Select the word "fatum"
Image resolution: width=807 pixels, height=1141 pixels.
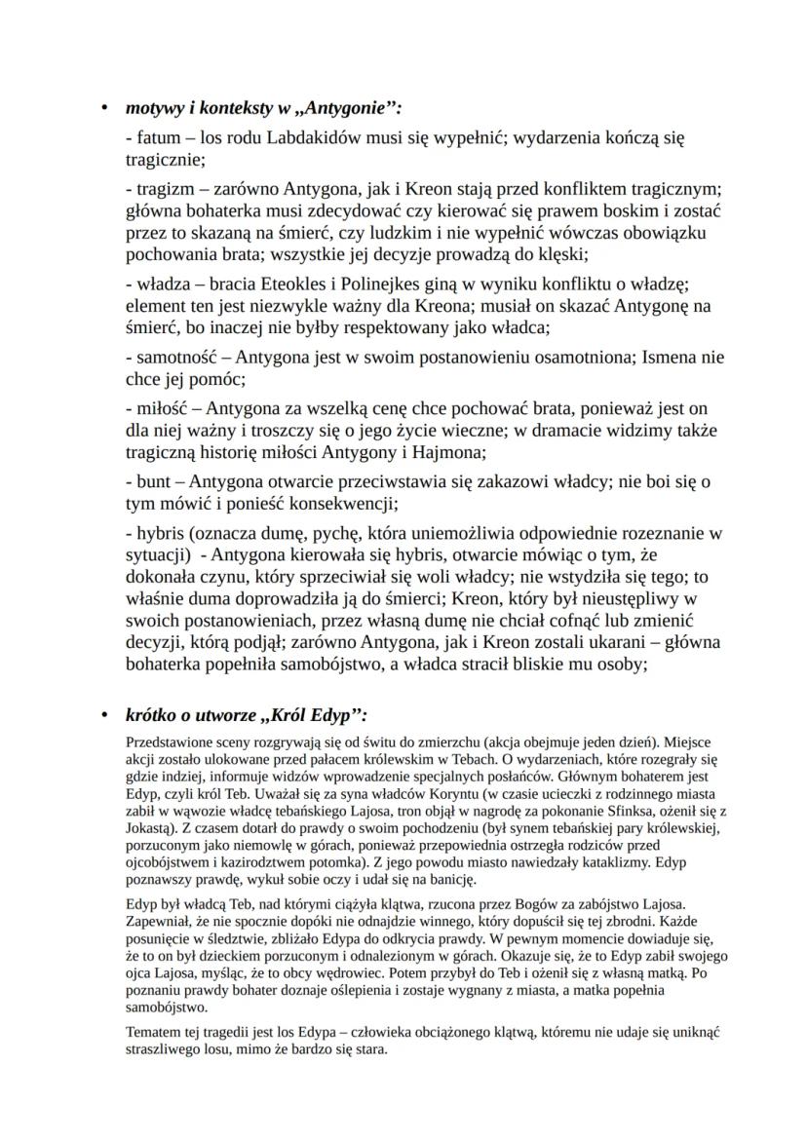point(151,138)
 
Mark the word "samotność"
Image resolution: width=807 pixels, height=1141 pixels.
point(177,358)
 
